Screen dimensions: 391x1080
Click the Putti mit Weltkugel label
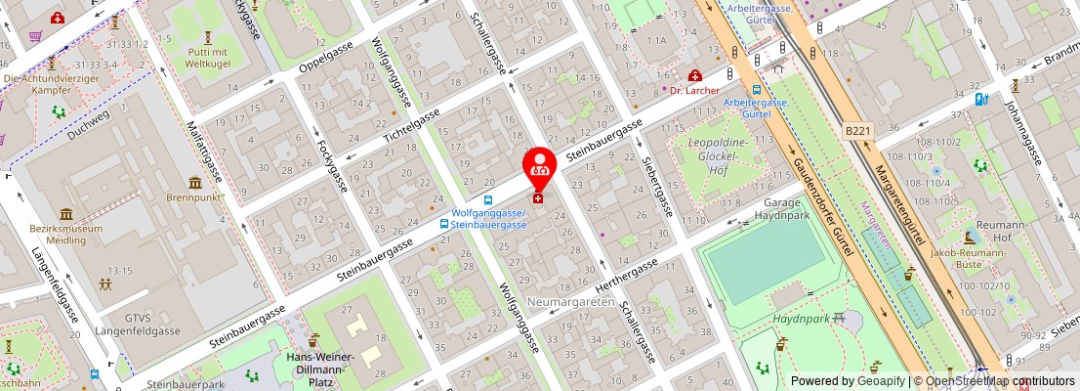[207, 58]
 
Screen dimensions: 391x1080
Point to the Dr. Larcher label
[693, 91]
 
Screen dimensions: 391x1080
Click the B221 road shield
[856, 130]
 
